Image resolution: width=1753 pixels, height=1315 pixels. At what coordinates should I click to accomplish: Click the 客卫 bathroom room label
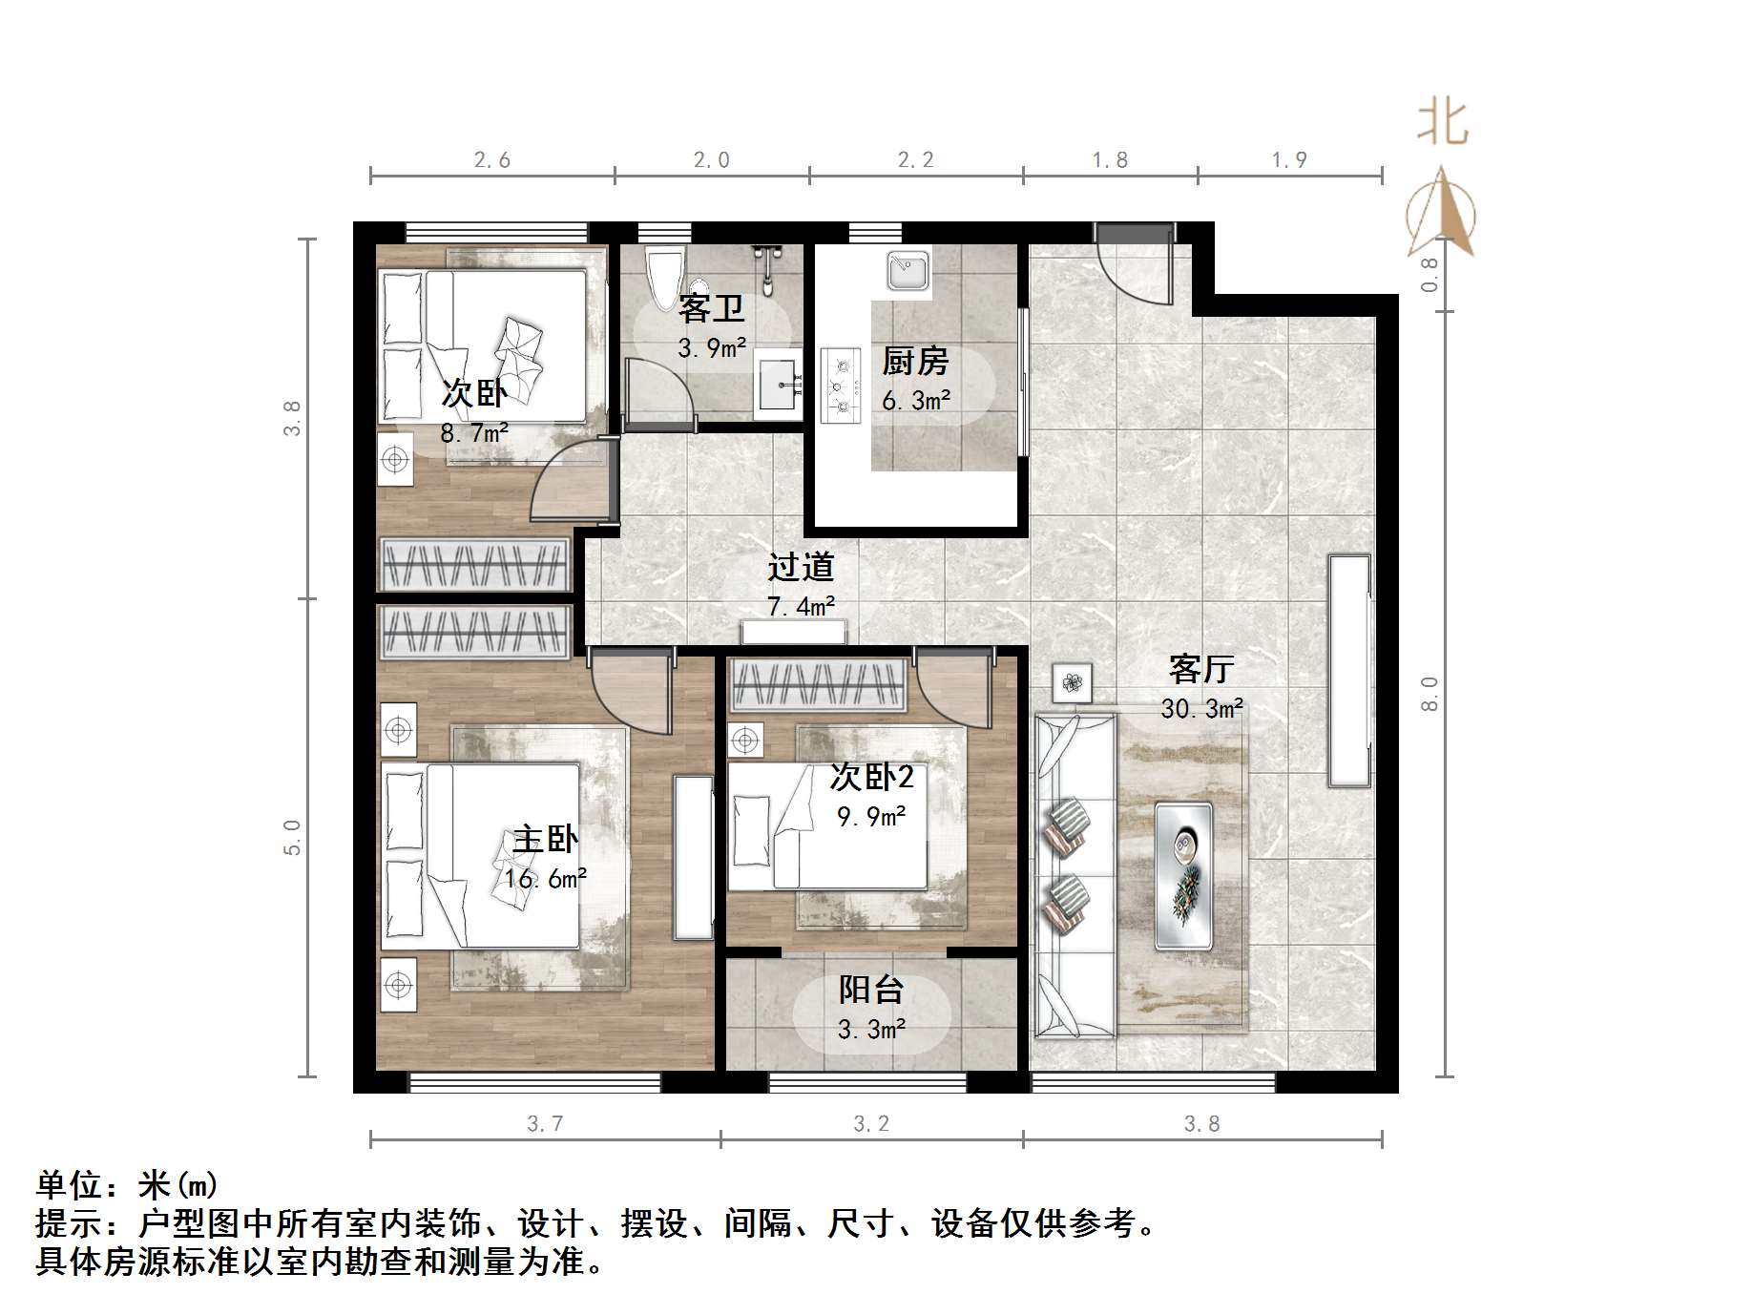click(x=711, y=309)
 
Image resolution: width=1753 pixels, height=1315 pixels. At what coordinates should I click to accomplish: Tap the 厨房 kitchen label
click(x=915, y=362)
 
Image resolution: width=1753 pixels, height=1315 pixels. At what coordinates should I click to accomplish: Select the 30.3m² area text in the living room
click(x=1201, y=709)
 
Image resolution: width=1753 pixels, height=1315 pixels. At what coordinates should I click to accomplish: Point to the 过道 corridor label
click(x=802, y=567)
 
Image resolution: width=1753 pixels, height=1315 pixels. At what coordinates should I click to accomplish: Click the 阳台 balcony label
click(x=870, y=991)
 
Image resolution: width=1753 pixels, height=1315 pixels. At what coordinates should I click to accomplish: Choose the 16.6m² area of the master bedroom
click(x=546, y=879)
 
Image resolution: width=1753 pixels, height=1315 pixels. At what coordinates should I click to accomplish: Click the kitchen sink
click(x=908, y=271)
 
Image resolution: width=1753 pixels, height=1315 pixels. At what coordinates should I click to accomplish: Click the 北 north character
click(x=1442, y=124)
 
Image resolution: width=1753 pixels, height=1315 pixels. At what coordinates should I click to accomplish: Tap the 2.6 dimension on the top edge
click(x=492, y=160)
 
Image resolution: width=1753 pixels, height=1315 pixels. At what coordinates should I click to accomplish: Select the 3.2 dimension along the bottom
click(x=871, y=1124)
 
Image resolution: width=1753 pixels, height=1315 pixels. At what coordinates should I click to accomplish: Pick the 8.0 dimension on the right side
click(x=1429, y=694)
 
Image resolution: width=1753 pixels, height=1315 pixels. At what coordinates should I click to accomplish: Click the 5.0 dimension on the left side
click(x=292, y=838)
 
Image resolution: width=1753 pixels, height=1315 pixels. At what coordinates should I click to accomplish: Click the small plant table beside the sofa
click(x=1073, y=683)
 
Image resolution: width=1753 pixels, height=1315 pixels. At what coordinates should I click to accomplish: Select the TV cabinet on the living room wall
click(x=1349, y=671)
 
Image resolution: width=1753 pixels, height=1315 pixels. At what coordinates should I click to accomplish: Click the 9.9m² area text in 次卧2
click(x=871, y=817)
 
